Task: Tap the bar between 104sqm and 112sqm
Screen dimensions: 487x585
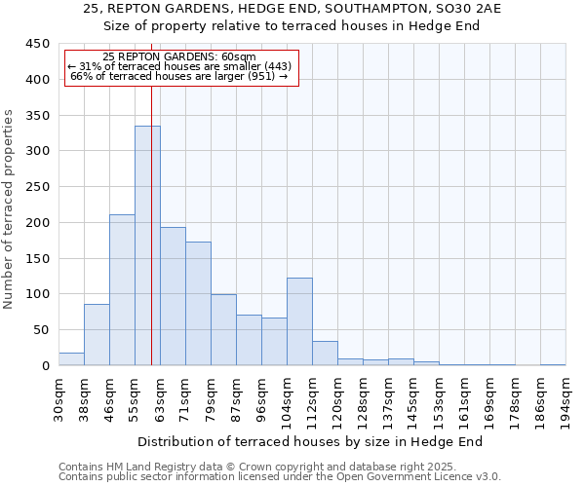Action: click(299, 321)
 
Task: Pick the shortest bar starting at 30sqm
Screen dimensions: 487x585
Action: click(71, 358)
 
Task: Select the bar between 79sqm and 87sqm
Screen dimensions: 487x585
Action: click(223, 329)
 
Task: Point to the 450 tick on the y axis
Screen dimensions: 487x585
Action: click(39, 44)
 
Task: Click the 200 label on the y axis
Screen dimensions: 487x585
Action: click(39, 223)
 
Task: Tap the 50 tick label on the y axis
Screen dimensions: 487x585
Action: click(42, 330)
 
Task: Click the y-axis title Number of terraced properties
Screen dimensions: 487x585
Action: click(10, 208)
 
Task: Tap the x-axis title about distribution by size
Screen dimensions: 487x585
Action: click(317, 441)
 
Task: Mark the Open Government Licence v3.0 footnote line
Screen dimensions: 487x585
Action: click(279, 477)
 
